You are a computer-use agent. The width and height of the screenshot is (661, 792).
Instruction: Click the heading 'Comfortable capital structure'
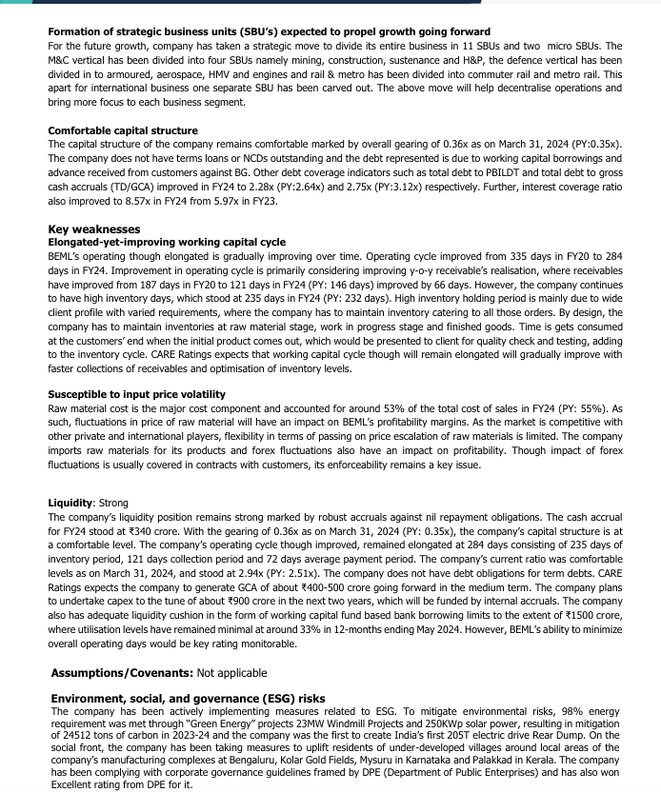point(123,130)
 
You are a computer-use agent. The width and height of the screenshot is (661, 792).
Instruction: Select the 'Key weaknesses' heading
point(94,229)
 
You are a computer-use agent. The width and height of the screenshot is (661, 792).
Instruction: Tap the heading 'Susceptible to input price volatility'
point(136,393)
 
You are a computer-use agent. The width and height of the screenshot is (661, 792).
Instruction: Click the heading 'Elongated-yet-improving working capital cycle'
point(166,242)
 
